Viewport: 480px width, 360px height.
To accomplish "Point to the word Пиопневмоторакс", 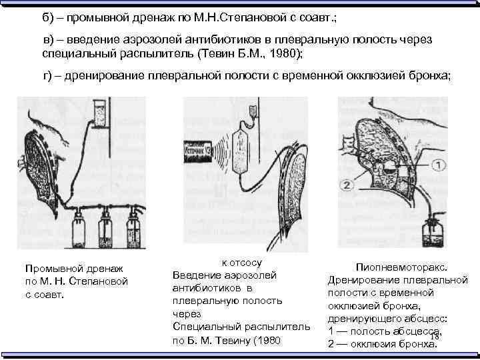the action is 397,266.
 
